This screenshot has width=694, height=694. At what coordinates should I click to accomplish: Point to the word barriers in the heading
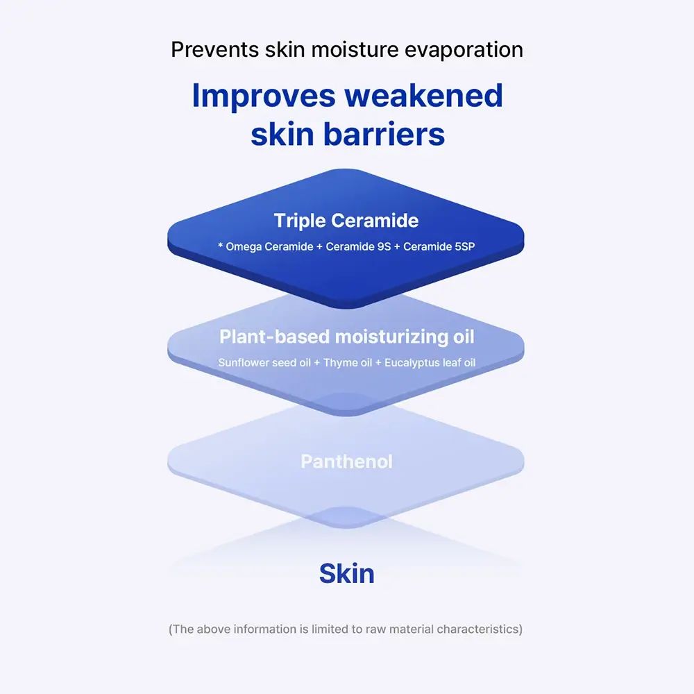[x=386, y=134]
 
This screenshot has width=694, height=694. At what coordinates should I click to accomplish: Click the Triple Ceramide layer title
[x=346, y=221]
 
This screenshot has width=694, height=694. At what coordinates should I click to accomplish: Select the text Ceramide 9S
[x=358, y=246]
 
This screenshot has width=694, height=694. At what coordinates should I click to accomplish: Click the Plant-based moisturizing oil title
[x=346, y=337]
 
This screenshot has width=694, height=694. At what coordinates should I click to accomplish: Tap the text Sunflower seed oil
[x=264, y=362]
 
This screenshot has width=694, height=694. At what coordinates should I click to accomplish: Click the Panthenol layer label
[x=346, y=462]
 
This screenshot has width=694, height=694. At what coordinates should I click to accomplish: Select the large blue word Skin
[x=346, y=574]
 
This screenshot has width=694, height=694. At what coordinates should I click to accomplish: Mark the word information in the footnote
[x=259, y=629]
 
